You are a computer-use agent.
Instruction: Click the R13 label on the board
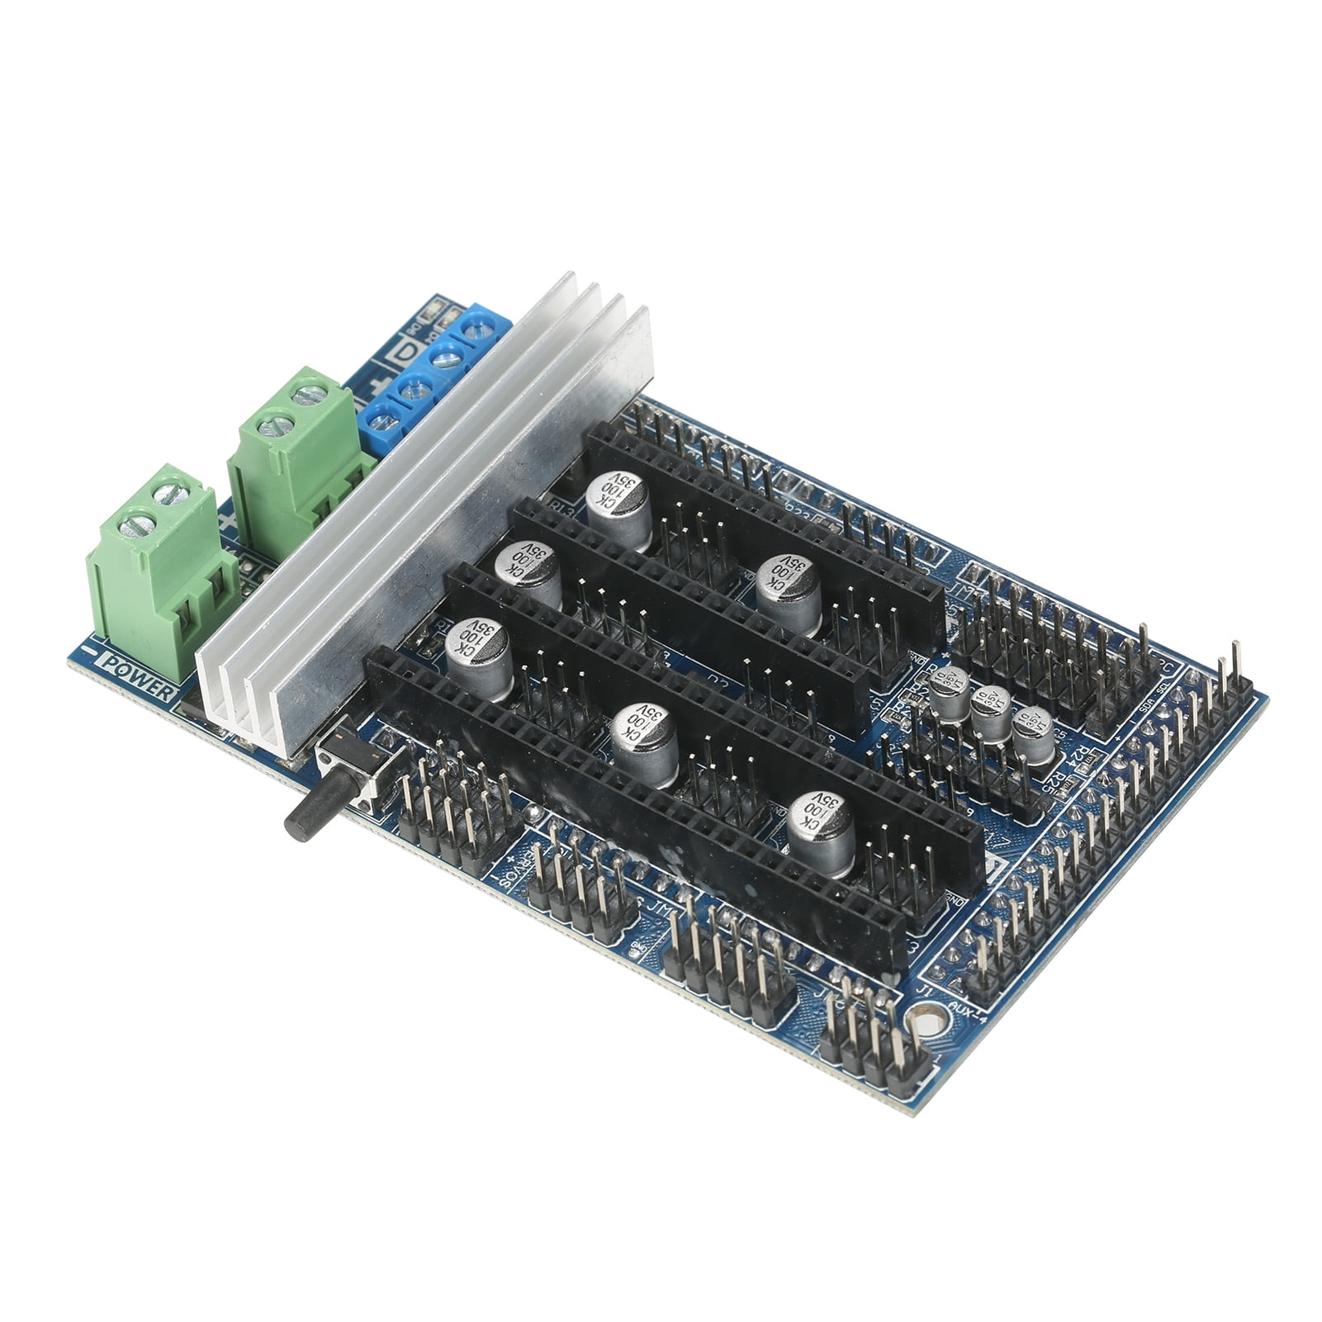click(564, 509)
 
